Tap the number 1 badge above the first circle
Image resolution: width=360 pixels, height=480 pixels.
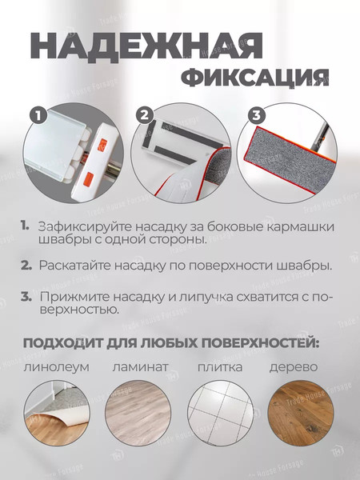coord(36,115)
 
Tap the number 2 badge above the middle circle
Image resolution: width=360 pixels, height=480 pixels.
coord(145,115)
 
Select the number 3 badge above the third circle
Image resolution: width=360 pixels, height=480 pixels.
coord(255,115)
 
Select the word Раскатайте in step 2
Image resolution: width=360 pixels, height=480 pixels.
coord(77,265)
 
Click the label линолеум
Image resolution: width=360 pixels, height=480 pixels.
coord(56,367)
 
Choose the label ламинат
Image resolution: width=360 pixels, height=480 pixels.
coord(141,367)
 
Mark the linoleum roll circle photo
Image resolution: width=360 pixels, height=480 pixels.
coord(57,410)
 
